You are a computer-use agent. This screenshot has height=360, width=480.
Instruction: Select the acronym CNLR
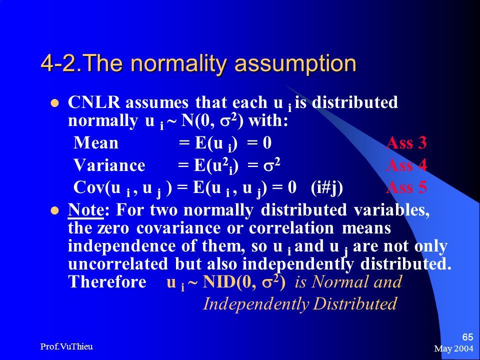[94, 102]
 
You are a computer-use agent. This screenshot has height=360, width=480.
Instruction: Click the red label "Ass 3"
[406, 142]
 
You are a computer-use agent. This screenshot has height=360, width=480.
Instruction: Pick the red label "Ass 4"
[406, 165]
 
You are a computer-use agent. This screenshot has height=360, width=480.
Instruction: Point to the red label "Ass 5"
[406, 187]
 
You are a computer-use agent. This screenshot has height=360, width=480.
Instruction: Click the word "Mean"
[96, 142]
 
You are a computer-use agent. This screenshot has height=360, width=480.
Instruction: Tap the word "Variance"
[109, 165]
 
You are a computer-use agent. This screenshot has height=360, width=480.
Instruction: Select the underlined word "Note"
[85, 210]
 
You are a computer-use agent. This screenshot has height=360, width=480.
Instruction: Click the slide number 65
[467, 337]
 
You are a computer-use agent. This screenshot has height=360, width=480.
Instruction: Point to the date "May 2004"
[453, 348]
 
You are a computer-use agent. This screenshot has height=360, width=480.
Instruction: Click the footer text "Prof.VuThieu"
[66, 346]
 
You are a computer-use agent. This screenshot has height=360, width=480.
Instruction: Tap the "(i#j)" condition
[326, 188]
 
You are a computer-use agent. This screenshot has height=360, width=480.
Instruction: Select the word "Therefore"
[107, 281]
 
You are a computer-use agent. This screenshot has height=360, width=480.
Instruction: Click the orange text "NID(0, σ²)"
[244, 282]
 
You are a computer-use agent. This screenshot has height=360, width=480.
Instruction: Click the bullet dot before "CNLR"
[54, 103]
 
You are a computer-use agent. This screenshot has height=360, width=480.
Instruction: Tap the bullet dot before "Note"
[54, 210]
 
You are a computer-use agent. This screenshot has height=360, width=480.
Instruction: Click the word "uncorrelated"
[118, 264]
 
